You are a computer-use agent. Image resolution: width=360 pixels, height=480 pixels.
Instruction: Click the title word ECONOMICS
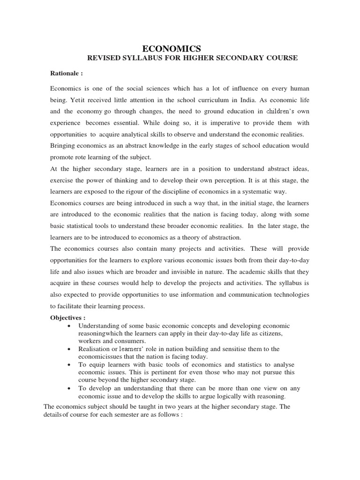[172, 48]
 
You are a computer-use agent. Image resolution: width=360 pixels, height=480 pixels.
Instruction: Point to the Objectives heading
[68, 318]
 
